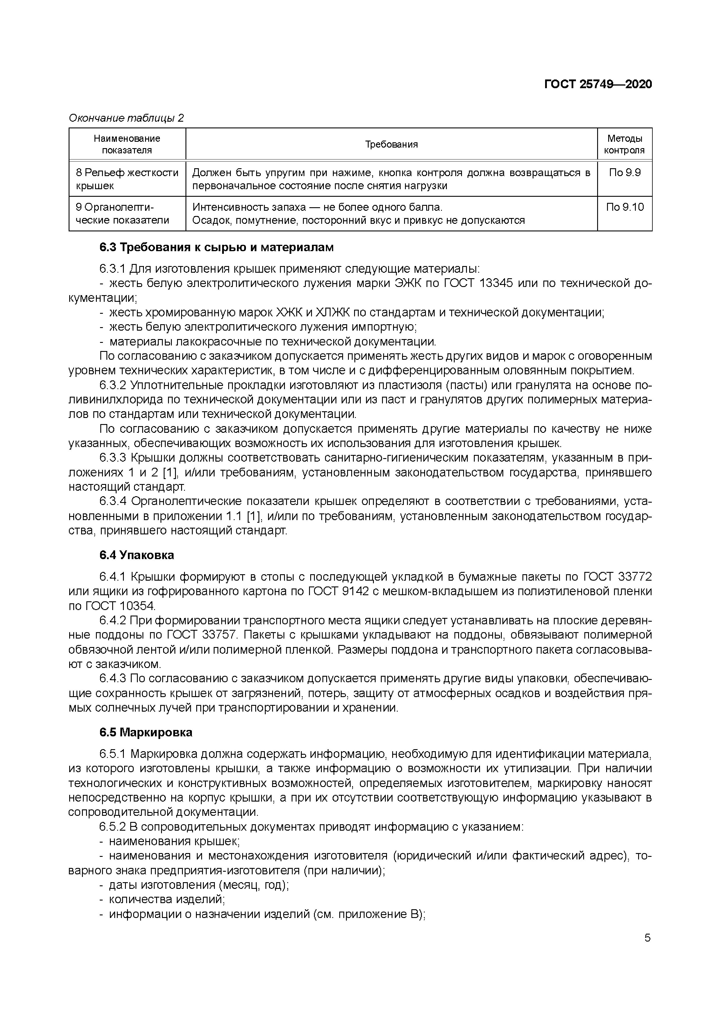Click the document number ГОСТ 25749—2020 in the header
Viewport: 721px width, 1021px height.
(x=598, y=84)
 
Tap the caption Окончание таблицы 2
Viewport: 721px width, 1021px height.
(x=126, y=118)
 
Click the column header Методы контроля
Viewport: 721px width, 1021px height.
(x=624, y=144)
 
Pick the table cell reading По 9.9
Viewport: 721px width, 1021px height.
(x=624, y=173)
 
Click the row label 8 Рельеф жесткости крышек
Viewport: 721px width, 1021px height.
(x=126, y=179)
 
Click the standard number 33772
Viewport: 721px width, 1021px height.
(x=634, y=577)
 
